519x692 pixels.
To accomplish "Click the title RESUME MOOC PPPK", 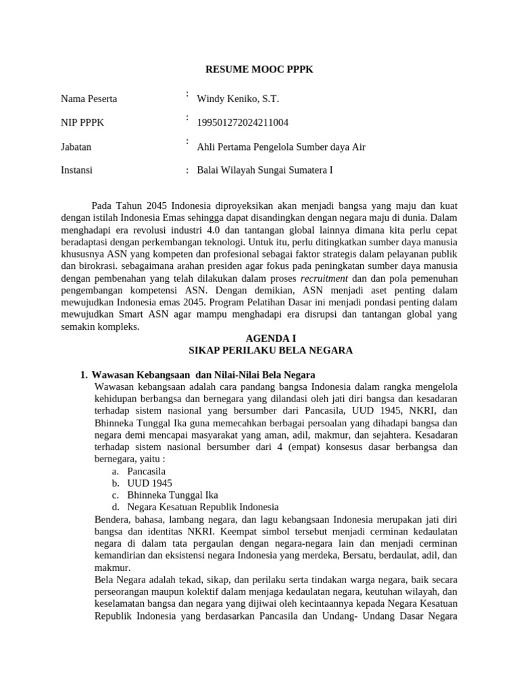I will [x=259, y=70].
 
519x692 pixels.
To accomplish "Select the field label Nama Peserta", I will [x=89, y=99].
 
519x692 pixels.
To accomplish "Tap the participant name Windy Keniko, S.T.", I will [x=237, y=99].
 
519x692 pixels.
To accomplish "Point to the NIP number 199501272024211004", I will [x=243, y=122].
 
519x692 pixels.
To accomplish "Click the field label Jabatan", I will [x=76, y=146].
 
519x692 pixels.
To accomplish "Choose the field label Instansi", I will [x=77, y=170].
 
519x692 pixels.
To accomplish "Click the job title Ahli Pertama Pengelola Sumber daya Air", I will [x=280, y=147].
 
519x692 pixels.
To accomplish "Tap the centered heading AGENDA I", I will [x=270, y=338].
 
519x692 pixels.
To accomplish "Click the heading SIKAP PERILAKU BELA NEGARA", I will [x=270, y=350].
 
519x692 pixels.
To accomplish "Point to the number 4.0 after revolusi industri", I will [x=224, y=230].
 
